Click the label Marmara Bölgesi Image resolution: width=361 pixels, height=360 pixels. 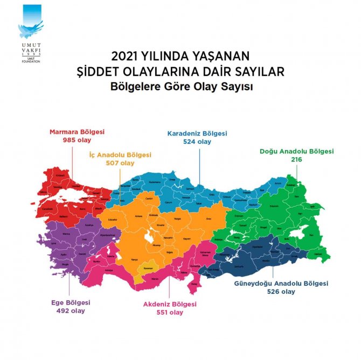pos(77,132)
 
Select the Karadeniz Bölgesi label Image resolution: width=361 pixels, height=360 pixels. pos(197,133)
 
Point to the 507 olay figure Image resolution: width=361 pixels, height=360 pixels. pos(120,163)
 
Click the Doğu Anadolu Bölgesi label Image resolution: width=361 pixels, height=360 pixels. pos(297,152)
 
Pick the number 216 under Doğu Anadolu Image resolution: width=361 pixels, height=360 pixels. pos(296,160)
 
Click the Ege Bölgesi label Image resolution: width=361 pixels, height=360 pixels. pos(71,302)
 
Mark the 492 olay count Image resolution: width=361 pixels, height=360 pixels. pos(71,310)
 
